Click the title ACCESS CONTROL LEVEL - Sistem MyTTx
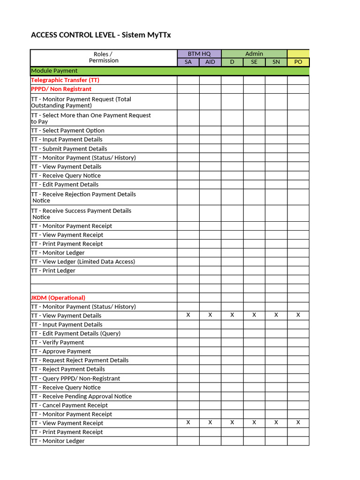[x=97, y=35]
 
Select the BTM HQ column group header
[x=199, y=54]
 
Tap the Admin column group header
[x=254, y=54]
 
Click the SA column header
[x=188, y=62]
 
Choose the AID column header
[x=210, y=62]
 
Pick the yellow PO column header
[x=298, y=62]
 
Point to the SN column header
[x=276, y=62]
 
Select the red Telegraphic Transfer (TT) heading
[x=65, y=80]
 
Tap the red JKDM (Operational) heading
[x=58, y=298]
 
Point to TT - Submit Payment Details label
[x=69, y=149]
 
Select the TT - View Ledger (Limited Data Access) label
[x=83, y=262]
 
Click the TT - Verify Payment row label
[x=58, y=342]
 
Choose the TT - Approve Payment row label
[x=61, y=351]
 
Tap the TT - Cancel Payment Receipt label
[x=69, y=405]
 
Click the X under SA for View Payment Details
[x=188, y=315]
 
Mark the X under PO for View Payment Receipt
[x=298, y=423]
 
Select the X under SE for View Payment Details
[x=254, y=315]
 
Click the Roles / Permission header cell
[x=103, y=58]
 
